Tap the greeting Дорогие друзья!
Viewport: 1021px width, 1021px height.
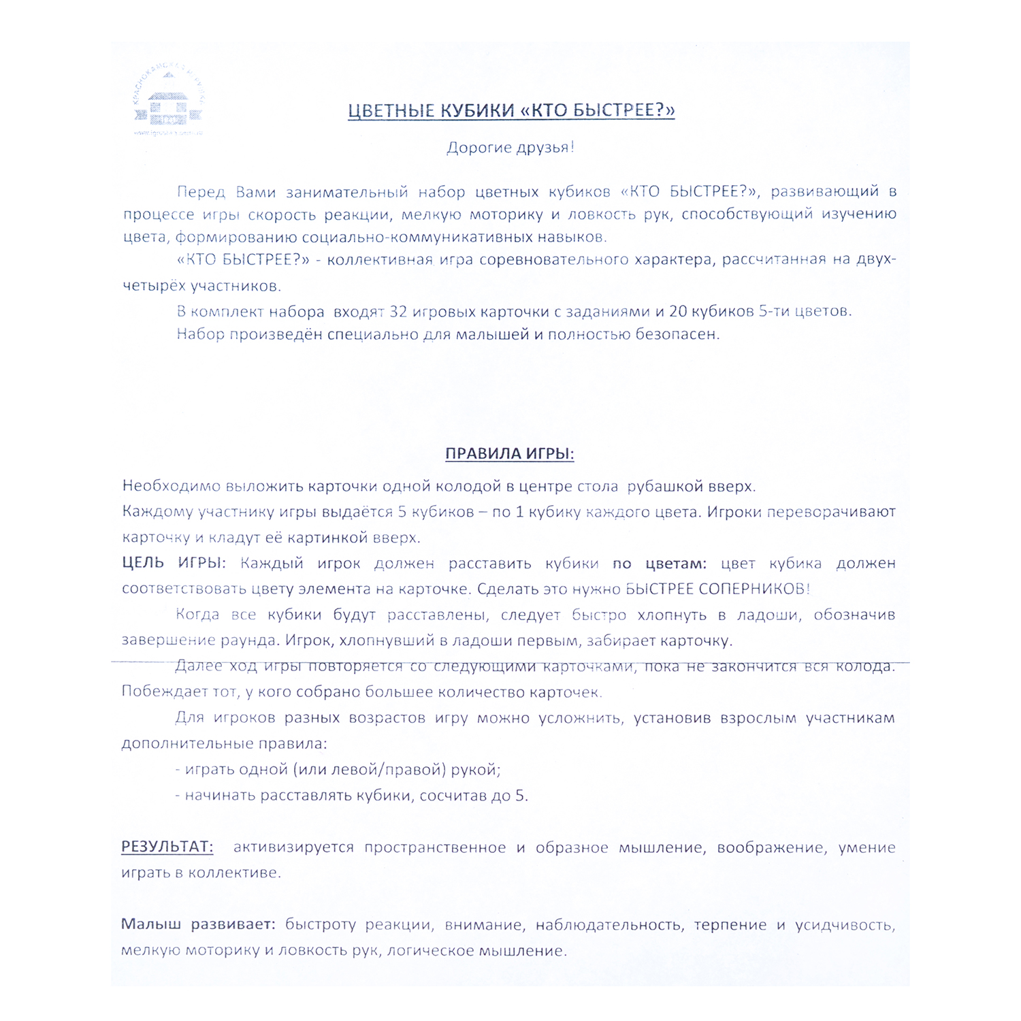510,148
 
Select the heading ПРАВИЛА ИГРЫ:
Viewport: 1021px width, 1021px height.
510,454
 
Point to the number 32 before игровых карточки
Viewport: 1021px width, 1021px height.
398,312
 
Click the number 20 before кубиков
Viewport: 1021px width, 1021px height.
678,312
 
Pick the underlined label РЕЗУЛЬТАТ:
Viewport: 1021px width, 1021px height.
167,847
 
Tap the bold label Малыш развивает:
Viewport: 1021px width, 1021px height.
198,924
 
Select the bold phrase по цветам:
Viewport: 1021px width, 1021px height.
659,564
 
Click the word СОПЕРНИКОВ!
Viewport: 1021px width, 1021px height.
755,589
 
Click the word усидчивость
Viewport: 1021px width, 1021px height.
845,925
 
